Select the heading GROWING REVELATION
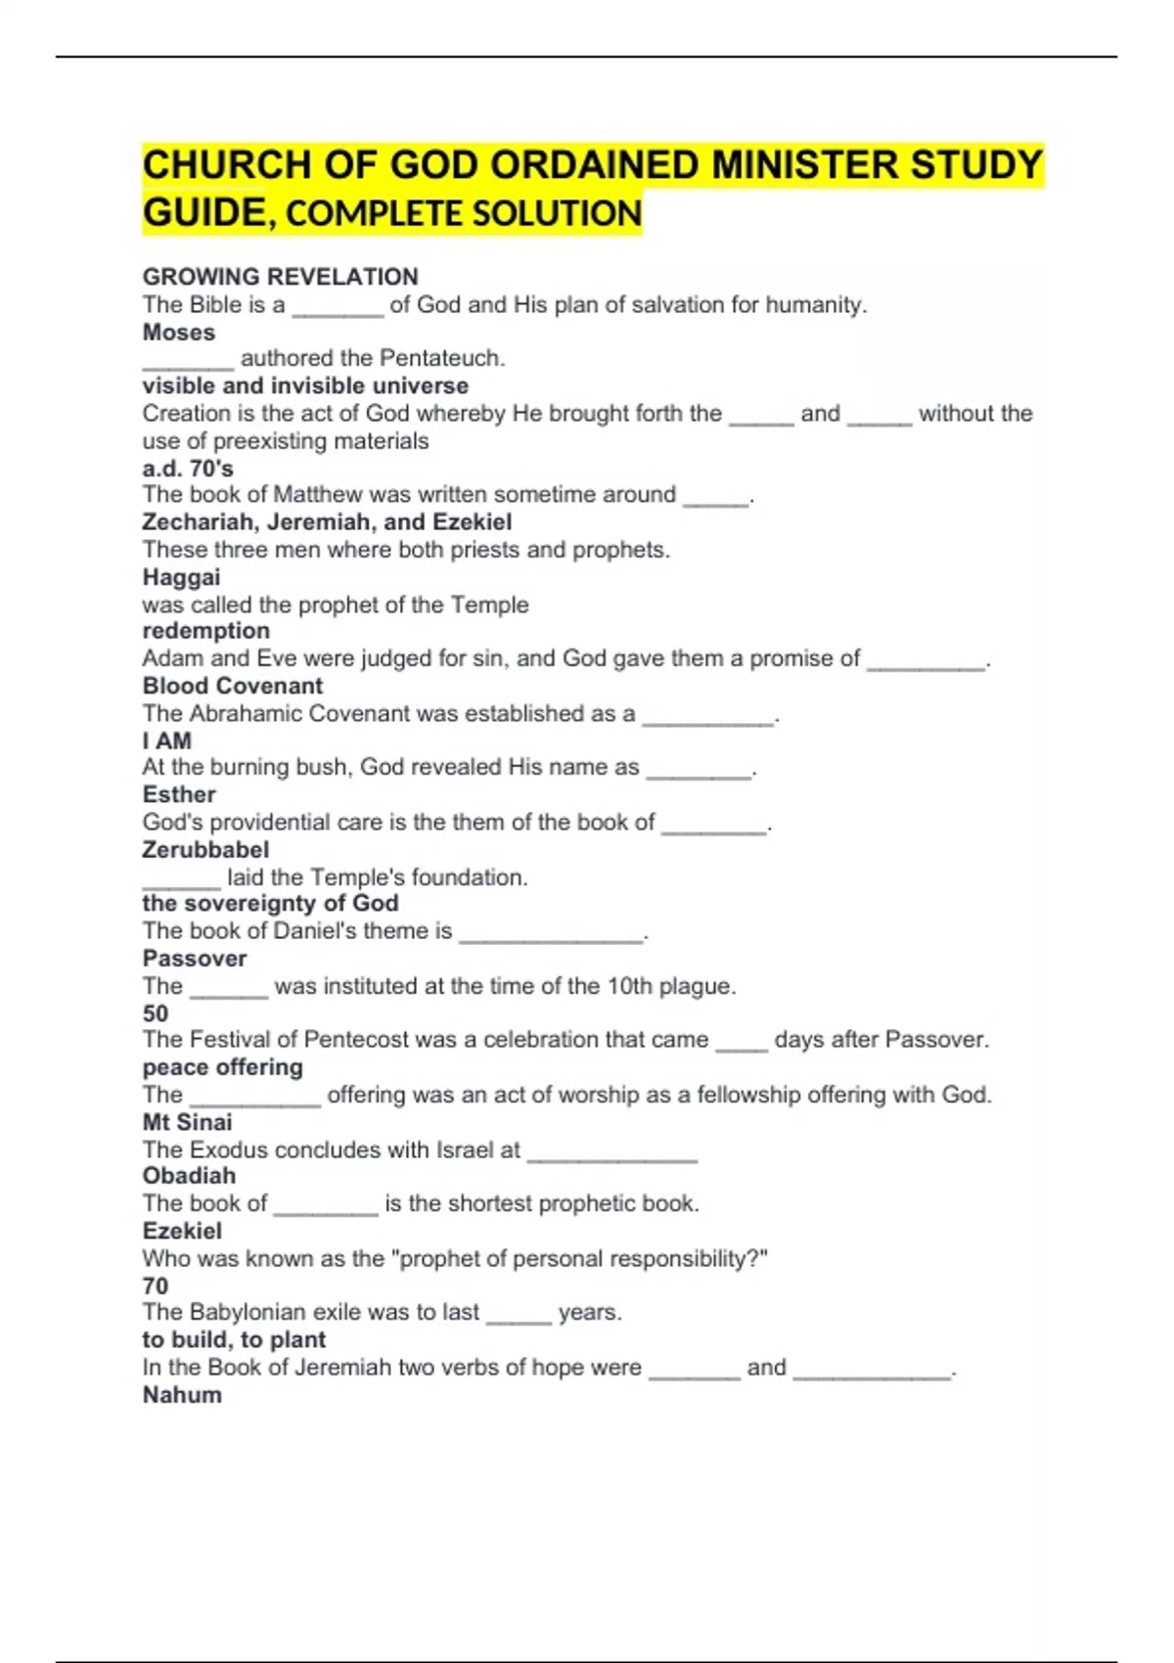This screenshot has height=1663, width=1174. (x=280, y=277)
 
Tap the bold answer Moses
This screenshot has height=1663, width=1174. (x=178, y=333)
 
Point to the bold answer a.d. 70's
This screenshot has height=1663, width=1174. (x=188, y=469)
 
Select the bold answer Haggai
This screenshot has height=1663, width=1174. (x=181, y=577)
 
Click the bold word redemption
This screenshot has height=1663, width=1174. (x=205, y=631)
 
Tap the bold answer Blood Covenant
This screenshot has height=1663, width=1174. (x=232, y=686)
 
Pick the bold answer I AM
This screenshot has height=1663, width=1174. (x=166, y=741)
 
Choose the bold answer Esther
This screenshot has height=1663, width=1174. (x=179, y=794)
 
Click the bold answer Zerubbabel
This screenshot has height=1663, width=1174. (x=205, y=849)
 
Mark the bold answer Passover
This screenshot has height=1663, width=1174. (x=194, y=959)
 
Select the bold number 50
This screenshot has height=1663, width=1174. (x=156, y=1013)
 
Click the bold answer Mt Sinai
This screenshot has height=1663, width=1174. (x=187, y=1122)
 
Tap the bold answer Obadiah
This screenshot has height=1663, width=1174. (x=189, y=1176)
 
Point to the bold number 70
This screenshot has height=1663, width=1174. (x=156, y=1285)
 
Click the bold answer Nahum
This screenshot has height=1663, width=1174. (x=182, y=1395)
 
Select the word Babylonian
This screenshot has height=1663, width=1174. (x=260, y=1312)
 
